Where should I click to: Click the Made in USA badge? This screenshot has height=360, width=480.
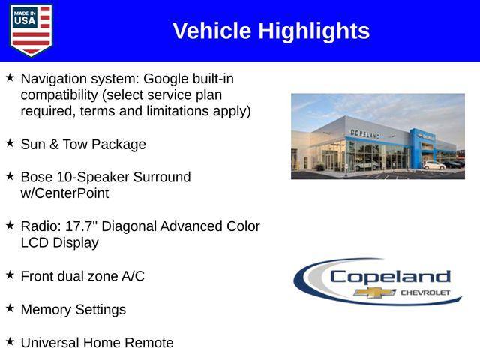[31, 31]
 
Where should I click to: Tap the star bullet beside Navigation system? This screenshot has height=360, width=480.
[10, 77]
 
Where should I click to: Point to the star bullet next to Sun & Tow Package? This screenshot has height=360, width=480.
[10, 142]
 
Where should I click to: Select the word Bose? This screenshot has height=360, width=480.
[37, 177]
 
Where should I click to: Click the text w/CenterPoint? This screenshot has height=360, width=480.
[64, 193]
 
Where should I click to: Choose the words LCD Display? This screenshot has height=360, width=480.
[59, 243]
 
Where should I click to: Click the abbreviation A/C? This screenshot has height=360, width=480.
[133, 276]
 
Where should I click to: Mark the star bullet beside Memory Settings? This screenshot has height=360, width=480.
[10, 307]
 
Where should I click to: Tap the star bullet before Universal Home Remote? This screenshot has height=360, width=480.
[10, 340]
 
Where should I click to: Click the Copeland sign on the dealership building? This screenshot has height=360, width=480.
[364, 133]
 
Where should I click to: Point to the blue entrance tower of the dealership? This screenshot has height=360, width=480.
[418, 147]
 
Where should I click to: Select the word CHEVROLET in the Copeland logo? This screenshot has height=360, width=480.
[425, 292]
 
